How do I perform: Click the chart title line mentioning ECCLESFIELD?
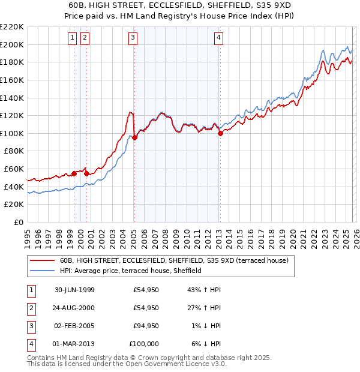click(x=179, y=4)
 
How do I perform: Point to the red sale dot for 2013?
click(x=220, y=133)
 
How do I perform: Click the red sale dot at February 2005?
click(x=134, y=137)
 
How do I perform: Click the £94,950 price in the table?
click(x=146, y=326)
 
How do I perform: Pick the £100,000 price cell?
click(x=145, y=344)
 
